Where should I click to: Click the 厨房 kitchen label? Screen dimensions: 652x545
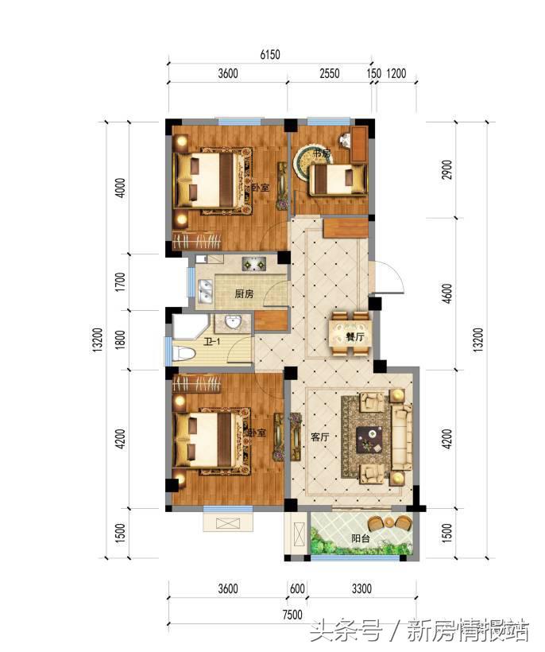[244, 293]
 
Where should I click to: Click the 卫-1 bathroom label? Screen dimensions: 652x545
[212, 343]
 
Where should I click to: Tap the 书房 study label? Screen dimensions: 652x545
[320, 153]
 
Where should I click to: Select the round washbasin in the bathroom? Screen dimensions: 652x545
[233, 322]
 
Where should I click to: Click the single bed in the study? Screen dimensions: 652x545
[338, 180]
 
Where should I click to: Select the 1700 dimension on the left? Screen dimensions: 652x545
[120, 282]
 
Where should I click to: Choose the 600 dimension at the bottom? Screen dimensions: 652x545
[297, 589]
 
